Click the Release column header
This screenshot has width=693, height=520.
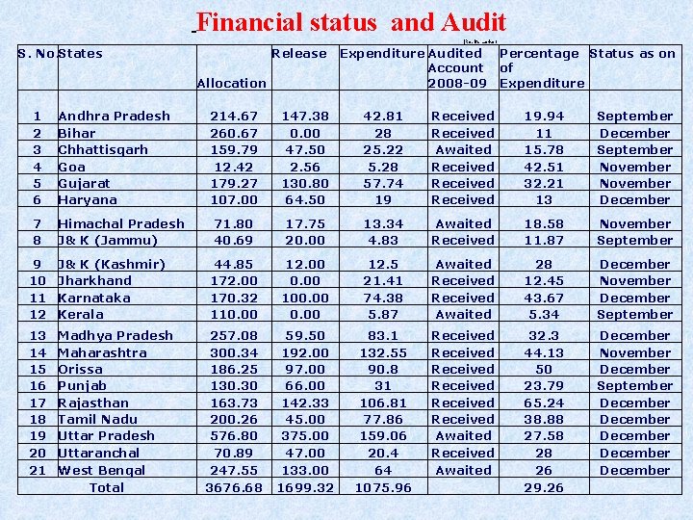[x=299, y=54]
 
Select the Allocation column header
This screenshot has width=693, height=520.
[x=231, y=84]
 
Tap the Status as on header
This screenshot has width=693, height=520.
[x=632, y=54]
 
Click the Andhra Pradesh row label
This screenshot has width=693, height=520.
[x=114, y=116]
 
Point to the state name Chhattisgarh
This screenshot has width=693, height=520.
[x=103, y=149]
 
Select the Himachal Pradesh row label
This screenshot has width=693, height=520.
[x=121, y=223]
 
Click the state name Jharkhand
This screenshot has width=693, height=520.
[x=95, y=280]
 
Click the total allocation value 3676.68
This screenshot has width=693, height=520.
[x=234, y=487]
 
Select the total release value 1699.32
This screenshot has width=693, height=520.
[x=306, y=487]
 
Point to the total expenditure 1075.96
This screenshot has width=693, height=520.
[x=383, y=487]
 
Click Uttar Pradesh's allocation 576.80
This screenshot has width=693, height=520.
[x=234, y=435]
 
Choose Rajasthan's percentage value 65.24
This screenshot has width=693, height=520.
[x=544, y=403]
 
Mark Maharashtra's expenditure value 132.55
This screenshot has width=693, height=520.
[x=383, y=352]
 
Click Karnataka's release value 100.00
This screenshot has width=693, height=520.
[x=306, y=298]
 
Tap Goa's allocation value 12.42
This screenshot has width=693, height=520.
[x=234, y=167]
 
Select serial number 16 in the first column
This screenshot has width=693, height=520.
[x=38, y=385]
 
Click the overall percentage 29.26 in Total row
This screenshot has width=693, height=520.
[x=544, y=487]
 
